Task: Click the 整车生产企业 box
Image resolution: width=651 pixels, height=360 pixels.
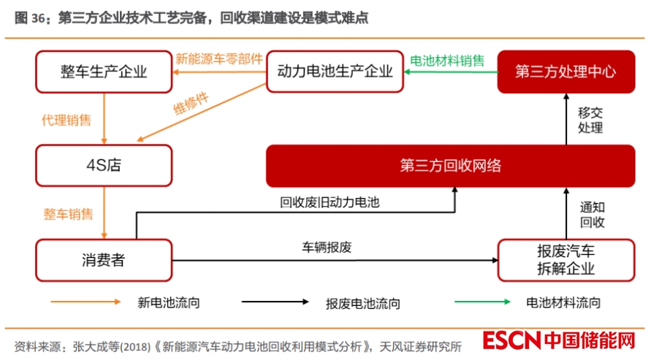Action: (104, 72)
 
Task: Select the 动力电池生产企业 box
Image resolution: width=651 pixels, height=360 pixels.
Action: (335, 72)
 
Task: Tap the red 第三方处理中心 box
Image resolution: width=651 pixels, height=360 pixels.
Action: (566, 72)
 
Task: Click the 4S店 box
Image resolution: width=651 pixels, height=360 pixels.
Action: (104, 165)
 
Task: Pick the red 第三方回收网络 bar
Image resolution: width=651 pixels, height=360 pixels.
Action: (450, 165)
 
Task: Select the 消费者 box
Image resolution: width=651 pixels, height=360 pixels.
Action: (104, 259)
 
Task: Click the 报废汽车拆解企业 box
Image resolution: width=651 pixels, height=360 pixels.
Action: (566, 259)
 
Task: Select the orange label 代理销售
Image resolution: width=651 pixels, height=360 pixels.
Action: (66, 120)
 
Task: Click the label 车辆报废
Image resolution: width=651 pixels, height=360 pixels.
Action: (327, 247)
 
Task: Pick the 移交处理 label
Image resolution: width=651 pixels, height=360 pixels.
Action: (590, 120)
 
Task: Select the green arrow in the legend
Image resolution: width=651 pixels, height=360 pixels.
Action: (483, 301)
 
